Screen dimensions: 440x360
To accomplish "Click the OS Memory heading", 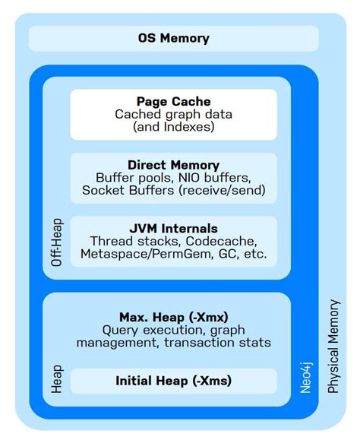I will tap(173, 38).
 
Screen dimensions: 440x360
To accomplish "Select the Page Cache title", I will tap(173, 101).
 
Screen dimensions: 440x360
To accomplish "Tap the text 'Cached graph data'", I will tap(173, 114).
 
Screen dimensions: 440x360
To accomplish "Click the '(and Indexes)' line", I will tap(173, 127).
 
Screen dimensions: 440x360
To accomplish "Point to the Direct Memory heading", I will tap(173, 165).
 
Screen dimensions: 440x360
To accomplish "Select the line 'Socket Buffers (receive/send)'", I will tap(173, 190).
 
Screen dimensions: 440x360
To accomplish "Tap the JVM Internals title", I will tap(173, 228).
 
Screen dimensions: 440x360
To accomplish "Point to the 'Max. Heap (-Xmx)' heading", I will tap(173, 316).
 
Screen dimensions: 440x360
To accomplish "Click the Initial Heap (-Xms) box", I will tap(173, 381).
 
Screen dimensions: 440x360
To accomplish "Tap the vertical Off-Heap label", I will tap(56, 242).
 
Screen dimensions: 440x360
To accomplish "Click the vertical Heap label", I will tap(56, 378).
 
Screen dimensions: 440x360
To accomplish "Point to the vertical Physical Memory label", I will tap(333, 346).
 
